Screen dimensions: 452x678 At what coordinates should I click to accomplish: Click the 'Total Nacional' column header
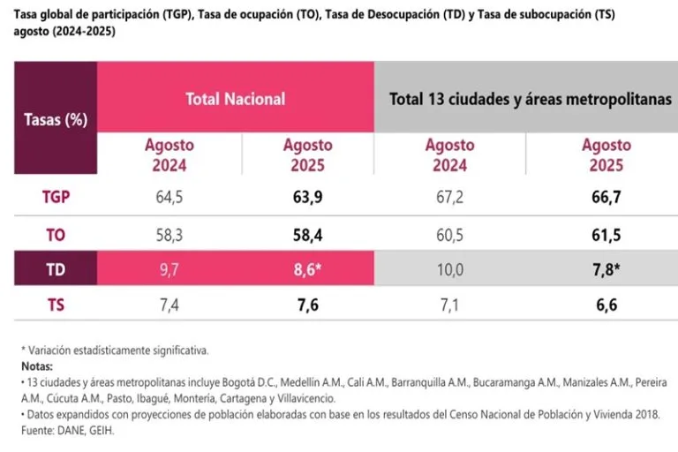(x=235, y=99)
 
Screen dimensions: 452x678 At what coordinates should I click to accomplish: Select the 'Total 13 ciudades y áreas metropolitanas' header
(x=531, y=99)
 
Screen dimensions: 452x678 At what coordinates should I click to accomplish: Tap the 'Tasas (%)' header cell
(x=55, y=120)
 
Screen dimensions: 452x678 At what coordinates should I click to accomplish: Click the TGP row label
(x=55, y=197)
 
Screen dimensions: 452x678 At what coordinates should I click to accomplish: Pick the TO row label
(x=55, y=236)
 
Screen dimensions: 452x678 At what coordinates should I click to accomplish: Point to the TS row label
(x=55, y=305)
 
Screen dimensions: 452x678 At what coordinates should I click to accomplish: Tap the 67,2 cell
(x=449, y=197)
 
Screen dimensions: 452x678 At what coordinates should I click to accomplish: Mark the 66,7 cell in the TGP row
(x=605, y=197)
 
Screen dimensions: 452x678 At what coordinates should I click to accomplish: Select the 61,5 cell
(x=605, y=236)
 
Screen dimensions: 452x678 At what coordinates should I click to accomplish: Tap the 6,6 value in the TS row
(x=605, y=305)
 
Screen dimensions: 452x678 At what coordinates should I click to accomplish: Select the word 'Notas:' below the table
(x=37, y=365)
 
